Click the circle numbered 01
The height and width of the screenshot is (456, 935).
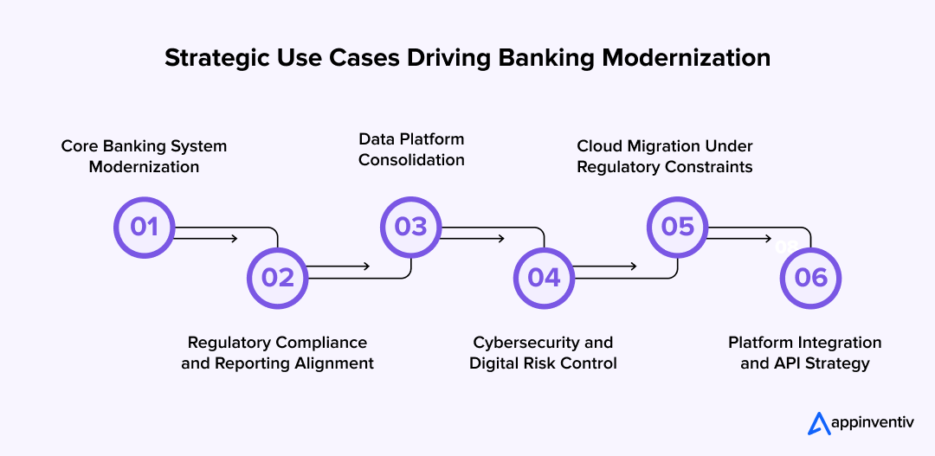coord(145,227)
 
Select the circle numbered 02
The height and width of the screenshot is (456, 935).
coord(278,277)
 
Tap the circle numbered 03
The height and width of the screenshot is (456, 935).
coord(411,227)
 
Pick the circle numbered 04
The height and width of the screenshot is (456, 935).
coord(545,277)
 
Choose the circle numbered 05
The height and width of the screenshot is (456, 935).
coord(678,227)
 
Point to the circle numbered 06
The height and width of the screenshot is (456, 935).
coord(811,277)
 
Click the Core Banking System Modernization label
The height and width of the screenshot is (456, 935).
coord(144,157)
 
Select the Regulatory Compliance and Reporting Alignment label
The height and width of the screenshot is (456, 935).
coord(277,353)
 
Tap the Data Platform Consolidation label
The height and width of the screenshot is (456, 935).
coord(411,149)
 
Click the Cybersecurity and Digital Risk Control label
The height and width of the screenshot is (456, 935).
coord(543,353)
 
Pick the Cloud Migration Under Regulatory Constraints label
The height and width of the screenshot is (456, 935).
coord(665,157)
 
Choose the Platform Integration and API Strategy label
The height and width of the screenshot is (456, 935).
coord(804,353)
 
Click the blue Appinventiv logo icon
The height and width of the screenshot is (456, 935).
coord(819,423)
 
